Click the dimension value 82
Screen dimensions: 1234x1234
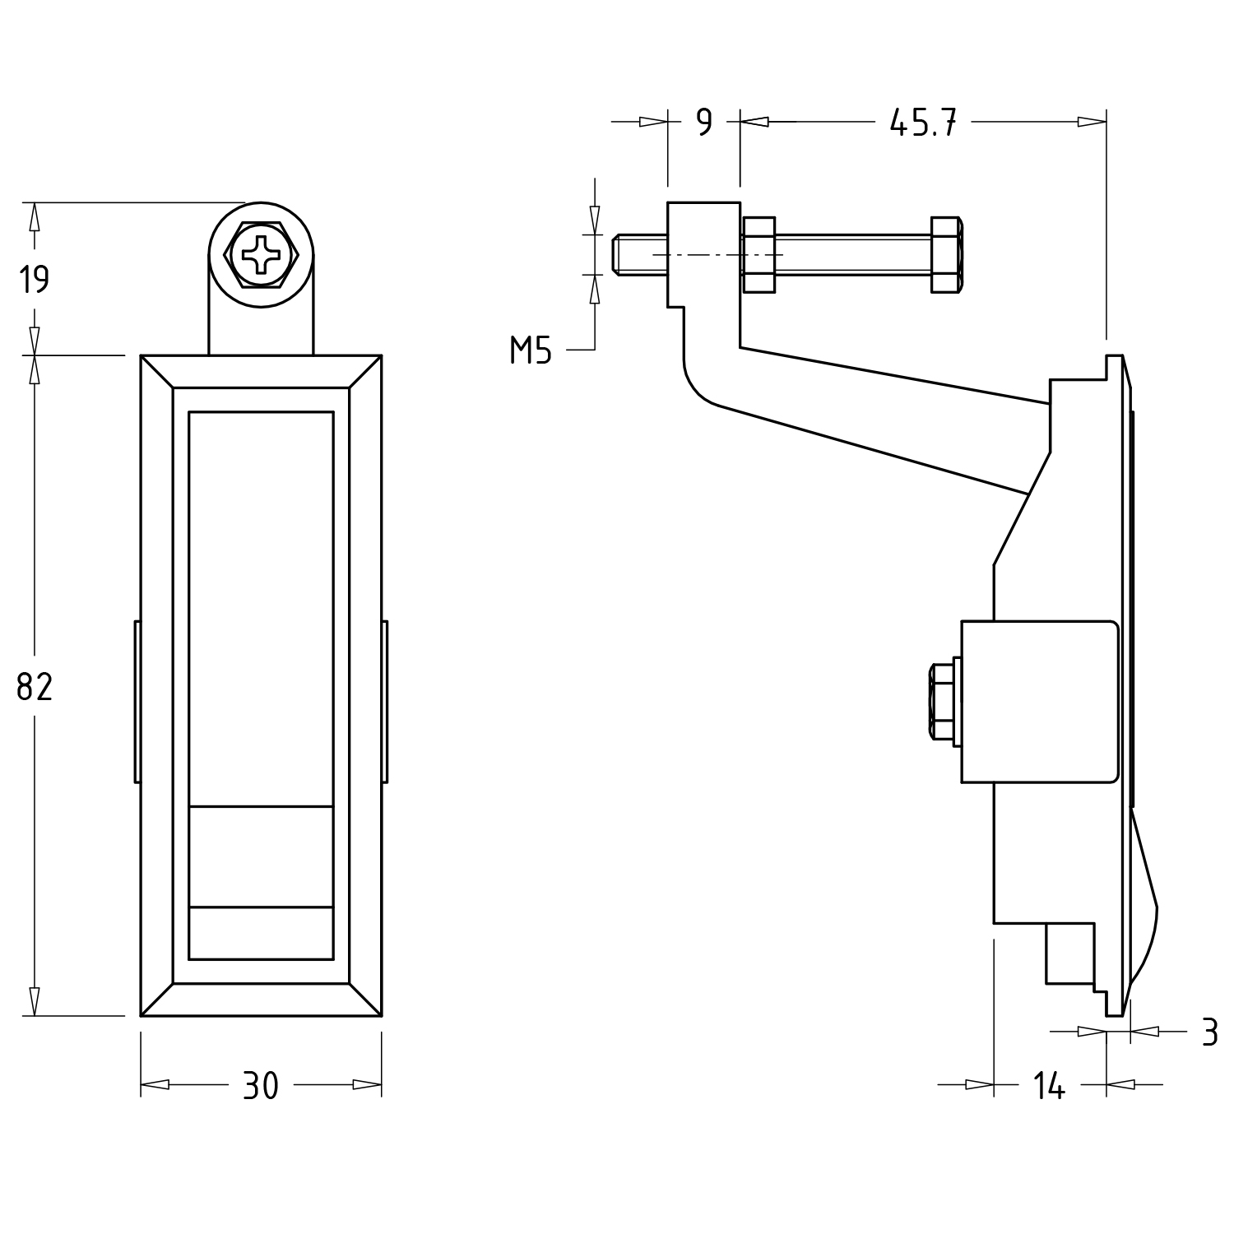tap(35, 686)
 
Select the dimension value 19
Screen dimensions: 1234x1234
tap(35, 280)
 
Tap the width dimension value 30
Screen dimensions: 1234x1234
tap(261, 1086)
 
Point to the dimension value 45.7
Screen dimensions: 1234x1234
tap(923, 123)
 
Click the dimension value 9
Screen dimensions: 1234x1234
tap(703, 123)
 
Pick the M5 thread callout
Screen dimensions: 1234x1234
tap(531, 351)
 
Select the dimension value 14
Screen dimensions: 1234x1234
tap(1049, 1087)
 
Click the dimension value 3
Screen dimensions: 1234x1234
tap(1208, 1032)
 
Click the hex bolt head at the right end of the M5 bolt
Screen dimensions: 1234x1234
tap(946, 254)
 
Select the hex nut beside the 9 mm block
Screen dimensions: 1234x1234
tap(759, 254)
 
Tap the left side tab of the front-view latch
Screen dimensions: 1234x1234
tap(137, 702)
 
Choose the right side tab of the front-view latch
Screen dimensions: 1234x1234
tap(384, 702)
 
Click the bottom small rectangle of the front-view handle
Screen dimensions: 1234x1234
tap(261, 933)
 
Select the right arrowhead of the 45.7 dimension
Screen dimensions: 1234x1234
tap(1093, 123)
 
